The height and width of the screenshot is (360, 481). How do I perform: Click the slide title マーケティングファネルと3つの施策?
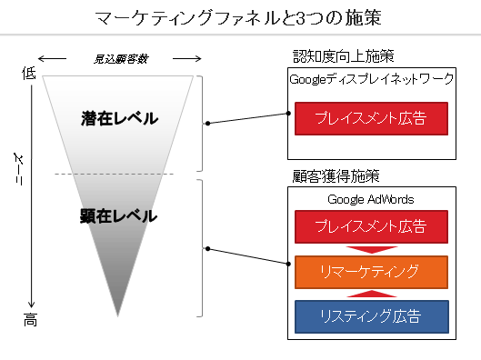tap(240, 17)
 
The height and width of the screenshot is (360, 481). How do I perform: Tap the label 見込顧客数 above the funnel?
tap(120, 60)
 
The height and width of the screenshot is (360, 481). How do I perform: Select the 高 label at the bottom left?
tap(29, 321)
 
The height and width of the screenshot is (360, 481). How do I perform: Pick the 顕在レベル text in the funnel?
tap(119, 216)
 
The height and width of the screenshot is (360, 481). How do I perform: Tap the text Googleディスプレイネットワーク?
tap(371, 79)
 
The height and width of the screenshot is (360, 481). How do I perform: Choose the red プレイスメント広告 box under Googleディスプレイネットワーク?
tap(371, 118)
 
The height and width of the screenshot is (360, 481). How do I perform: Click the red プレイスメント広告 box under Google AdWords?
tap(371, 226)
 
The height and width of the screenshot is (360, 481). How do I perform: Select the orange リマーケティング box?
tap(371, 271)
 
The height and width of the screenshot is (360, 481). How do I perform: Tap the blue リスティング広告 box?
tap(371, 315)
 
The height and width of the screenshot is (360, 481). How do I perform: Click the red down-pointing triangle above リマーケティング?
tap(371, 249)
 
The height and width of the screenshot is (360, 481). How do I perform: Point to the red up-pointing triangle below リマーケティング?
tap(371, 293)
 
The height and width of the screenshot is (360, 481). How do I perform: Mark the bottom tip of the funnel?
tap(118, 314)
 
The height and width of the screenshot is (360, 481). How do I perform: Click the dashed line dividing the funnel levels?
tap(118, 173)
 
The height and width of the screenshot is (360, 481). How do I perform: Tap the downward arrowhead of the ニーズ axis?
tap(33, 305)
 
